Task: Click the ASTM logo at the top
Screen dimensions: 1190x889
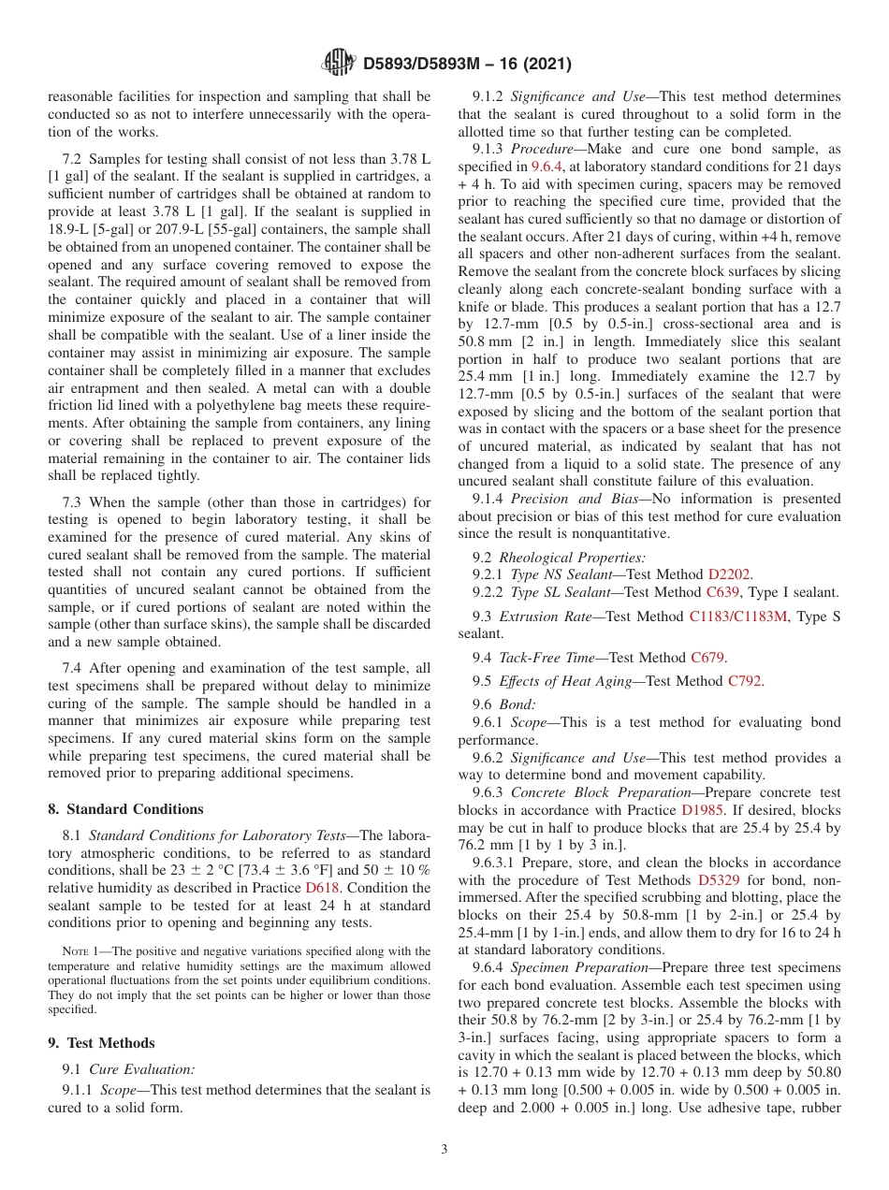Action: [337, 63]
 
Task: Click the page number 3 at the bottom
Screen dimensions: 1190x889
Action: [444, 1149]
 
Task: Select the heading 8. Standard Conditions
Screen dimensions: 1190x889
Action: [125, 809]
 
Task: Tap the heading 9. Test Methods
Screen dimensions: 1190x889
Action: [101, 1043]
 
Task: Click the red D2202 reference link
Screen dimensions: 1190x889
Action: [728, 573]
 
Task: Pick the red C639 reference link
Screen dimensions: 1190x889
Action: [725, 591]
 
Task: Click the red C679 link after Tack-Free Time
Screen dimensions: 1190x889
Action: [707, 658]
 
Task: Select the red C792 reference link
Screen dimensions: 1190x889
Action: [745, 681]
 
